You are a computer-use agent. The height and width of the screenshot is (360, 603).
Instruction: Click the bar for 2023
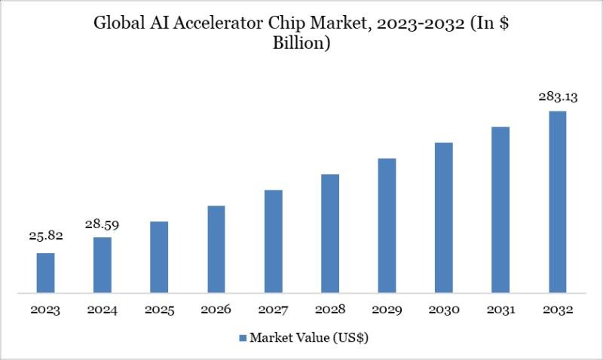(46, 273)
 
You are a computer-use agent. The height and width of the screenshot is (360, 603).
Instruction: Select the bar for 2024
(103, 264)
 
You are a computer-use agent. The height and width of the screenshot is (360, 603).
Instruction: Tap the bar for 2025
(159, 257)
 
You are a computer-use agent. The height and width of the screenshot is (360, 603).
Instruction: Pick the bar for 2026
(216, 249)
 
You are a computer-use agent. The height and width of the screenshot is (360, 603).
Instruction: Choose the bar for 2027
(273, 241)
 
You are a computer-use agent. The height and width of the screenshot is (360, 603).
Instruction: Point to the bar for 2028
(330, 233)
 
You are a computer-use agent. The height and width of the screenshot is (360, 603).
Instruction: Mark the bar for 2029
(387, 225)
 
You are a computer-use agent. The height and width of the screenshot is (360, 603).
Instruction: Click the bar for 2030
(444, 217)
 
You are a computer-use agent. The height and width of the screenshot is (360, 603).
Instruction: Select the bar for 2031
(500, 209)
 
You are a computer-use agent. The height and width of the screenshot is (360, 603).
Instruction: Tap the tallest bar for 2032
(558, 201)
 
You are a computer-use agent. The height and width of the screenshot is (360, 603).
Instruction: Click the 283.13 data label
(558, 96)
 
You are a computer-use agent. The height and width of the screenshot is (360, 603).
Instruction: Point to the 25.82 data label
(46, 236)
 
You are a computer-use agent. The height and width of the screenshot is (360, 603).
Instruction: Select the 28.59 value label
(103, 224)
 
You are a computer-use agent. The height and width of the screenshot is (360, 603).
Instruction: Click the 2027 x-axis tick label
(273, 310)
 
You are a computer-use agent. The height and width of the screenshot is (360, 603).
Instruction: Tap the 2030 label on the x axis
(444, 310)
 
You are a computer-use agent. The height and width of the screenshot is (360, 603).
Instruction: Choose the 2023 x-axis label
(46, 310)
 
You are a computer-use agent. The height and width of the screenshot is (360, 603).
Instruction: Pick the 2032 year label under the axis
(558, 310)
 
